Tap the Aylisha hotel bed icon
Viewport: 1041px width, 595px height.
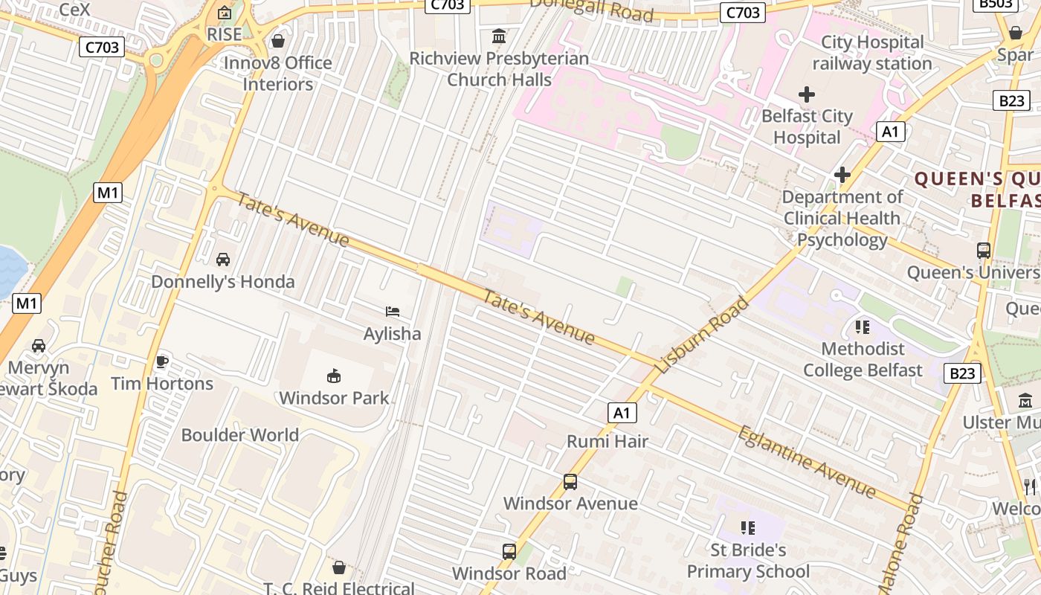coord(393,312)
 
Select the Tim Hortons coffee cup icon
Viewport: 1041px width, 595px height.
coord(162,362)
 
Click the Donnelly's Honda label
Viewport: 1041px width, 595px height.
coord(223,282)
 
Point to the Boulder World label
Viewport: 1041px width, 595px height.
coord(240,435)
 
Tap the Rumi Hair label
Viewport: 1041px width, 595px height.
coord(607,441)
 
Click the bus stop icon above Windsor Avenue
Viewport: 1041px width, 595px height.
coord(570,482)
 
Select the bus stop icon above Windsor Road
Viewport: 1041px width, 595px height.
coord(509,552)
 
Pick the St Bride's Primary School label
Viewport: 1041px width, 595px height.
coord(748,561)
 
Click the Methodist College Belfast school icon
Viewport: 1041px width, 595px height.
coord(863,327)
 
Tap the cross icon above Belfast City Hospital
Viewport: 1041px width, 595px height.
coord(807,94)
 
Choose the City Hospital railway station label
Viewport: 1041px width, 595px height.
coord(872,53)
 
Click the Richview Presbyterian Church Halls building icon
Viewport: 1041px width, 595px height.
coord(499,36)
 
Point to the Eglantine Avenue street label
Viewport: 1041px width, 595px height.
coord(807,461)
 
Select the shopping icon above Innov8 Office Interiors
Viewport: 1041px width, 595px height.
coord(278,41)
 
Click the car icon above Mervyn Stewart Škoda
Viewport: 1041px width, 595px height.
coord(39,346)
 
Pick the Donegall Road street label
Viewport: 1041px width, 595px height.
coord(591,9)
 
